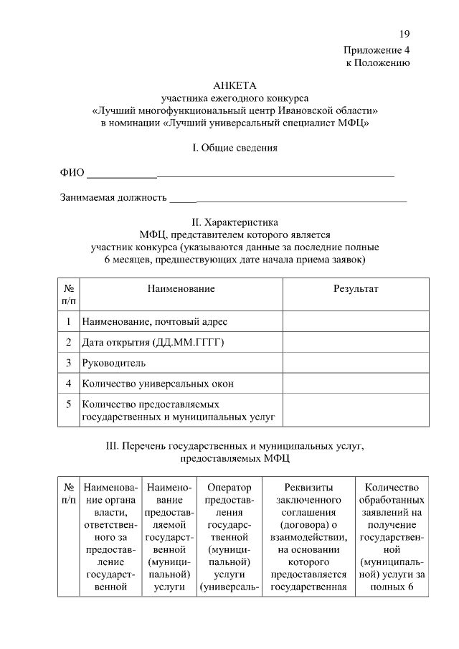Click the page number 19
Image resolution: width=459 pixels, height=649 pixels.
(404, 34)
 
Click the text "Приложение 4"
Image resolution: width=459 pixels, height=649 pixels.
(377, 50)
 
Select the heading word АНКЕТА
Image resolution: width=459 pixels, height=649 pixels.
(235, 85)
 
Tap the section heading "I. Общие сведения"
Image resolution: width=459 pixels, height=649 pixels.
(235, 148)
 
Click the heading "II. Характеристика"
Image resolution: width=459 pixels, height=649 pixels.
(235, 222)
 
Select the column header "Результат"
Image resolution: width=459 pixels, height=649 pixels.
(356, 288)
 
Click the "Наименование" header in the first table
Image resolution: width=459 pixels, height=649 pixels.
(181, 288)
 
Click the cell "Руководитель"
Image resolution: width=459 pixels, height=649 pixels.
(114, 364)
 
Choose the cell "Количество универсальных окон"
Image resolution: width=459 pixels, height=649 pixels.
(158, 384)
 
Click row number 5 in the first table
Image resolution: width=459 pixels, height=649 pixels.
(67, 404)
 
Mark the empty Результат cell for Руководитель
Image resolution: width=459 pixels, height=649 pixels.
(356, 364)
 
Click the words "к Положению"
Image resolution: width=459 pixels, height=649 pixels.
(378, 63)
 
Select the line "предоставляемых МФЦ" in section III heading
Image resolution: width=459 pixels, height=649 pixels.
(235, 457)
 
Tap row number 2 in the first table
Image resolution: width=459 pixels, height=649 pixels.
(67, 343)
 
